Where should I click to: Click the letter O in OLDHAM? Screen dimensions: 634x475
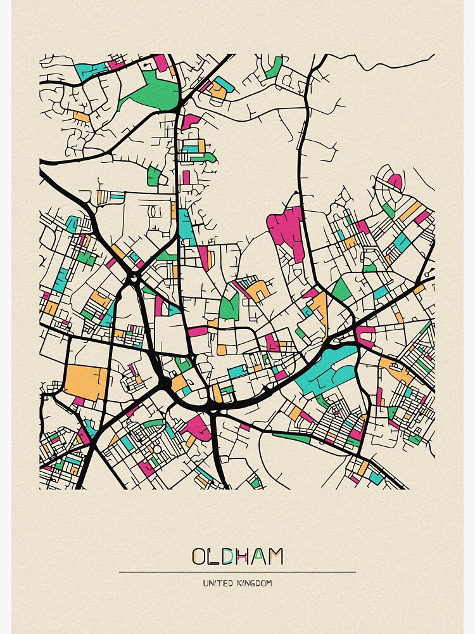coord(199,557)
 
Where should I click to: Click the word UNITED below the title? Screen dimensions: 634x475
coord(217,583)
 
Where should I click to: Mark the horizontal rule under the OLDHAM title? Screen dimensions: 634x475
coord(237,572)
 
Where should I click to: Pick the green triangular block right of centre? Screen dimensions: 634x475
coord(341,292)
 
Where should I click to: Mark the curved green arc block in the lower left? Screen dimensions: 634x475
coord(152,423)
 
